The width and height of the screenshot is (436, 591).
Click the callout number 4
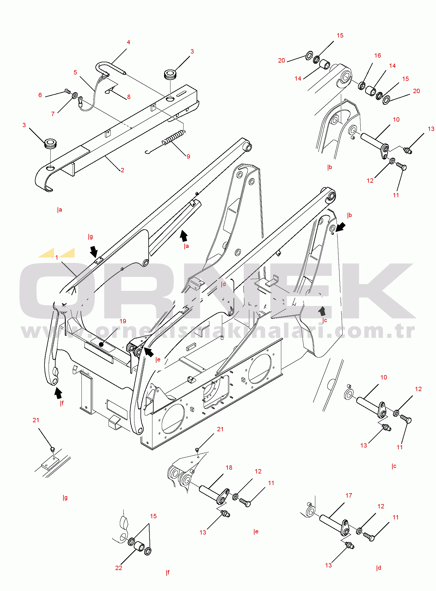(x=129, y=42)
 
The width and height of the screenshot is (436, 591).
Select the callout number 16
(x=377, y=56)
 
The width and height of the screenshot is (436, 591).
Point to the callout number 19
(x=123, y=321)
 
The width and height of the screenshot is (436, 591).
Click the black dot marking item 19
(x=101, y=345)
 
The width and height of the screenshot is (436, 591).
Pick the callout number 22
(x=119, y=568)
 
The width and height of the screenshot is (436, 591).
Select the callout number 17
(x=349, y=495)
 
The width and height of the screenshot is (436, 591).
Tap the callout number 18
(x=229, y=467)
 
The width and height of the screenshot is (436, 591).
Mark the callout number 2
(x=122, y=170)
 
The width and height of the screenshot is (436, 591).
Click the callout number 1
(x=57, y=257)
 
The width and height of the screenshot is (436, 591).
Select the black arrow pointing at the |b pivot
(x=341, y=227)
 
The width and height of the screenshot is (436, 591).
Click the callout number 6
(x=40, y=95)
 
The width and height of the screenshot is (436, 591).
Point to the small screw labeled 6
(x=67, y=91)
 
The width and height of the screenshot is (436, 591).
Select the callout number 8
(x=129, y=97)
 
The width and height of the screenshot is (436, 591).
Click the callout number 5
(x=75, y=72)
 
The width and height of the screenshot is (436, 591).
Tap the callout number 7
(x=53, y=114)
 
